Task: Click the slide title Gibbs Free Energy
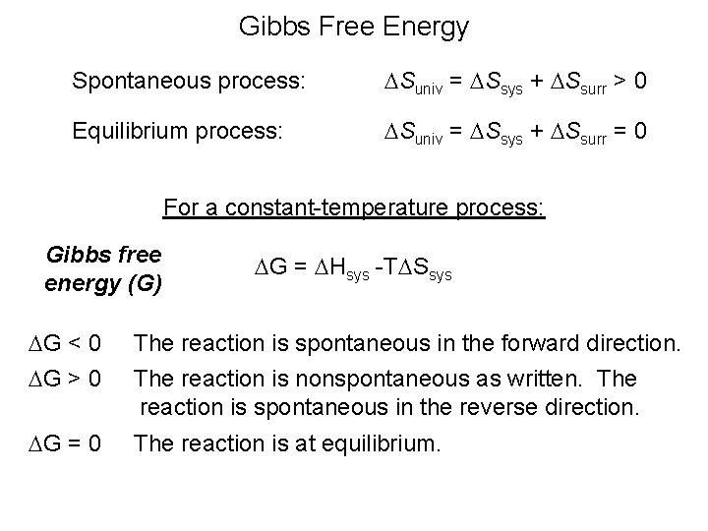pyautogui.click(x=354, y=27)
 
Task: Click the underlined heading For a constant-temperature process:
pyautogui.click(x=353, y=208)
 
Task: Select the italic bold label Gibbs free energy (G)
pyautogui.click(x=103, y=268)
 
